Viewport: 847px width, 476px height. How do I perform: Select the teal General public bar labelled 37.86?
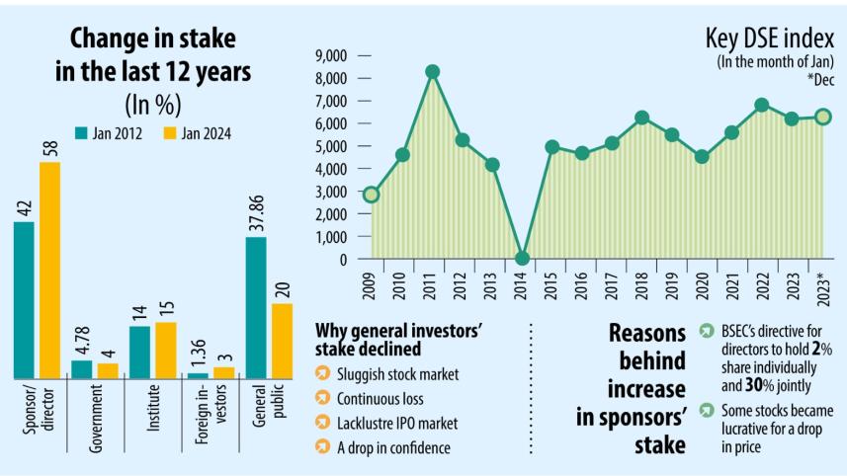coord(256,307)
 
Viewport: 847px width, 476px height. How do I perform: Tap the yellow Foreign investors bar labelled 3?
coord(224,372)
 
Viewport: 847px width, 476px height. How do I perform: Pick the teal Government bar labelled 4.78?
coord(81,368)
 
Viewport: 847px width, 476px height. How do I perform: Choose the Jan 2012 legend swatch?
coord(81,132)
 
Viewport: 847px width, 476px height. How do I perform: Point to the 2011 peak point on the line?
coord(432,72)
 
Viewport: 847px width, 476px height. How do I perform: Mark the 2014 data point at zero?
coord(522,259)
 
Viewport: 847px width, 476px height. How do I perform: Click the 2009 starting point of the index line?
coord(371,195)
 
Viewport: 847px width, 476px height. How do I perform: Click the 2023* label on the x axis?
coord(822,287)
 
